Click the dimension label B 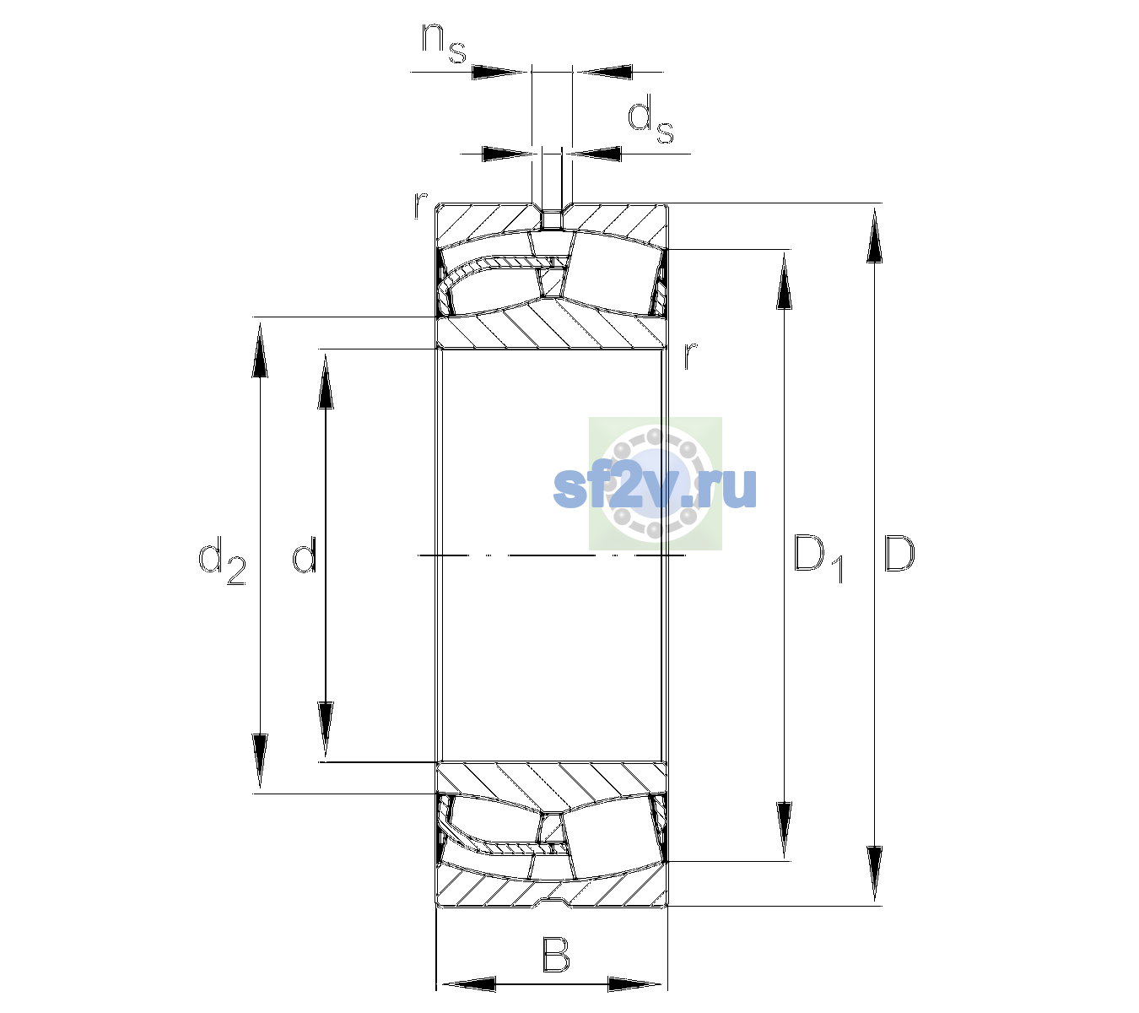coord(555,955)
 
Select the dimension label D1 coord(818,558)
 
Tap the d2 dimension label coord(222,561)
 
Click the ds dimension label coord(650,119)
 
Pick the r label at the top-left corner coord(420,205)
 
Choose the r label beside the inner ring coord(690,355)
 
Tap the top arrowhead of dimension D coord(874,236)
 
